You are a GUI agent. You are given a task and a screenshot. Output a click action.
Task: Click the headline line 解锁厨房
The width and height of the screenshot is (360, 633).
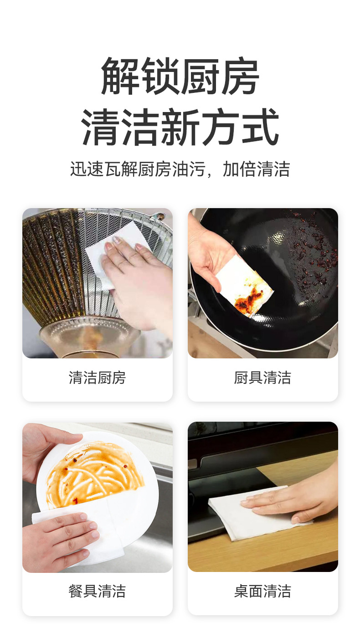tap(180, 76)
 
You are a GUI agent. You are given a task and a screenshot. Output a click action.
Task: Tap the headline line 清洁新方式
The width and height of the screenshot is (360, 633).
tap(180, 128)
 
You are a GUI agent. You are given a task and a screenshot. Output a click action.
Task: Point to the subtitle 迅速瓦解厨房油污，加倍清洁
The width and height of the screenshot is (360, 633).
tap(180, 169)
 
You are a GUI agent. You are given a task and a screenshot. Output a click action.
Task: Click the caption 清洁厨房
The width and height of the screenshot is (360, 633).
tap(97, 378)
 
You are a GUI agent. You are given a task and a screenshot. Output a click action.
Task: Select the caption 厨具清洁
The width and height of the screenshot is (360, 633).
tap(262, 378)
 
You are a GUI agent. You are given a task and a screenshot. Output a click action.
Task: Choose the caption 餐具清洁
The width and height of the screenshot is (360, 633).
tap(97, 591)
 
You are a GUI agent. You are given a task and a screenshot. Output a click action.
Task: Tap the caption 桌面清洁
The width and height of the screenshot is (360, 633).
tap(262, 591)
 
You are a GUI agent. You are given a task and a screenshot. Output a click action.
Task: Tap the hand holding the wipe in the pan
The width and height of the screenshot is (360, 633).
tap(210, 255)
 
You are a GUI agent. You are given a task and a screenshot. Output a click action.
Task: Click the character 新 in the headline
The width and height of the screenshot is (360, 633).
tap(180, 128)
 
